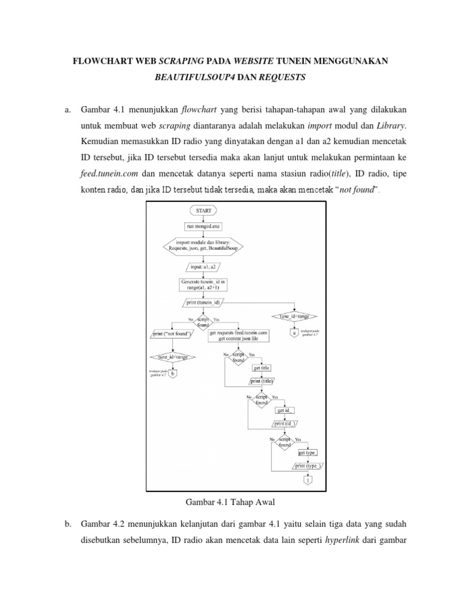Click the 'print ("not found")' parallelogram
[x=172, y=333]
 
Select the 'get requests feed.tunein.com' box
[x=239, y=335]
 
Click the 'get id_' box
[x=285, y=410]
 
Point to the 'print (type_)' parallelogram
[x=309, y=465]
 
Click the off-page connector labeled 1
[x=308, y=480]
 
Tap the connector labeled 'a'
[x=294, y=332]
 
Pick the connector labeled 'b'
[x=173, y=374]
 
